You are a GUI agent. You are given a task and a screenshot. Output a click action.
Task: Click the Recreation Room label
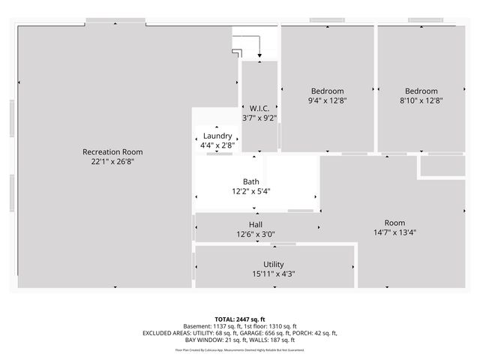pyautogui.click(x=112, y=151)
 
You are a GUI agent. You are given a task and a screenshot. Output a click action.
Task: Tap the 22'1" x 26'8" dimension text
pyautogui.click(x=112, y=160)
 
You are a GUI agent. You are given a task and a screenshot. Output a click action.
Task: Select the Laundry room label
pyautogui.click(x=217, y=136)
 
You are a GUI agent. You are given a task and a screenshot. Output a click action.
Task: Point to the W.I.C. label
pyautogui.click(x=259, y=109)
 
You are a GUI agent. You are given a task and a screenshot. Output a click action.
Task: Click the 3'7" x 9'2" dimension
pyautogui.click(x=259, y=118)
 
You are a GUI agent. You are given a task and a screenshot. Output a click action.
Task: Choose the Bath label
pyautogui.click(x=251, y=181)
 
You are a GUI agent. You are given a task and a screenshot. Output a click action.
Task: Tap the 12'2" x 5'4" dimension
pyautogui.click(x=251, y=191)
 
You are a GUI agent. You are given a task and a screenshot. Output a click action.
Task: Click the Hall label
pyautogui.click(x=256, y=224)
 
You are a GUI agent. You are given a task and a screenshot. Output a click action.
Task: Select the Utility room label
pyautogui.click(x=274, y=264)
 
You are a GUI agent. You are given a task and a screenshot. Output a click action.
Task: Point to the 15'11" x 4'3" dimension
pyautogui.click(x=274, y=274)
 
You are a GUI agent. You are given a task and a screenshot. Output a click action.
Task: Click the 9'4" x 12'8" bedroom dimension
pyautogui.click(x=328, y=100)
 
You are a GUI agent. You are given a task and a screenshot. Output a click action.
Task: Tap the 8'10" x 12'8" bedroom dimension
pyautogui.click(x=421, y=100)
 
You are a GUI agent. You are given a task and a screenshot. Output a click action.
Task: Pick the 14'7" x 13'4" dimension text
pyautogui.click(x=394, y=232)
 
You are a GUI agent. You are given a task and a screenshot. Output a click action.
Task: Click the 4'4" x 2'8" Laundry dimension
pyautogui.click(x=217, y=145)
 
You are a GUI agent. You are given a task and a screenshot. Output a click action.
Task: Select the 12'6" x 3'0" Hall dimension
pyautogui.click(x=256, y=234)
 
